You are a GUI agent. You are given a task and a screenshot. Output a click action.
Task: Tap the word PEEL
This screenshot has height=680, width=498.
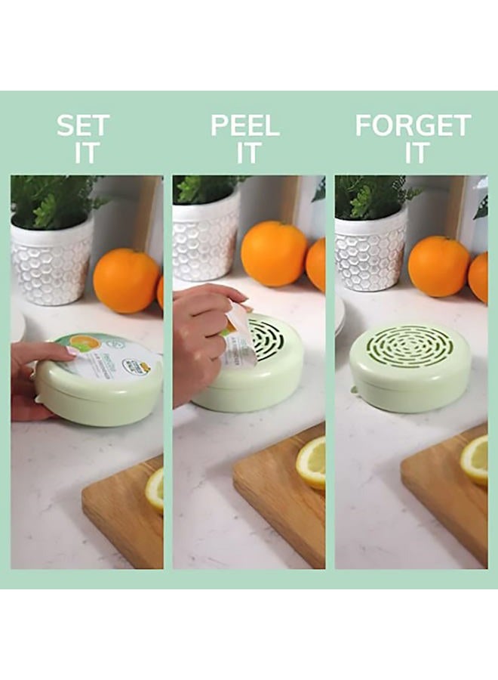coord(245,125)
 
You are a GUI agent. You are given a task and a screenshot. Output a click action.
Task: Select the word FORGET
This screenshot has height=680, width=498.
coord(413,125)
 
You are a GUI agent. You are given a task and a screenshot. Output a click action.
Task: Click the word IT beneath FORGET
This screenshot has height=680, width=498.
coord(413,153)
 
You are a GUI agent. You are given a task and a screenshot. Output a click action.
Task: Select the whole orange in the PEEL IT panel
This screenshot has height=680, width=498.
coord(273,253)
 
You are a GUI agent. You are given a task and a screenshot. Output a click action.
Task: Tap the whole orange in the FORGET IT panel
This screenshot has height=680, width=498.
coord(438,266)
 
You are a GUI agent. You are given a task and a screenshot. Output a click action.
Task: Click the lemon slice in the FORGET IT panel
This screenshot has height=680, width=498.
coord(475,459)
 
